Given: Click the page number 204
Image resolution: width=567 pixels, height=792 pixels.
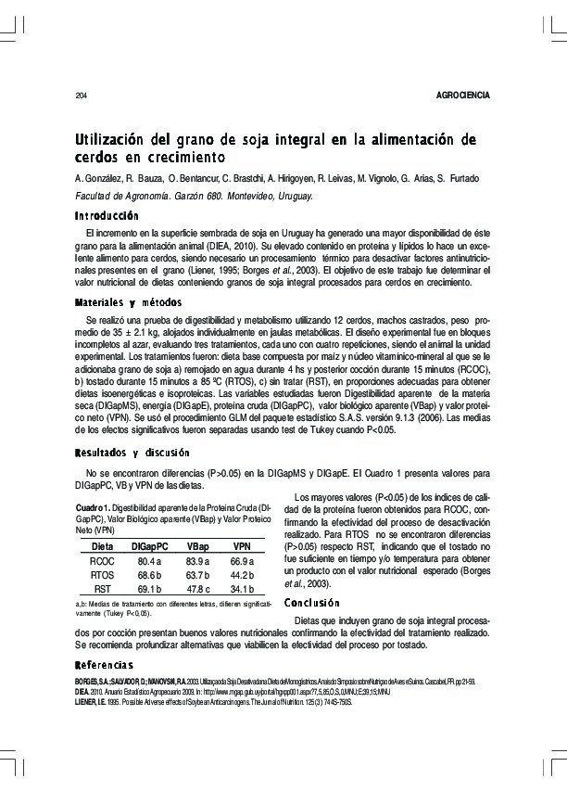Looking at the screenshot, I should (x=81, y=96).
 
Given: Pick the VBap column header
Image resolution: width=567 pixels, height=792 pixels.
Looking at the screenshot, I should (x=197, y=547).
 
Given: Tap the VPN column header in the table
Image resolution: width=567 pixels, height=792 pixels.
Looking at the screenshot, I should (x=242, y=547).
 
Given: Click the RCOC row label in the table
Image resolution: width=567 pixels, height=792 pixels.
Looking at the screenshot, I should (x=102, y=561).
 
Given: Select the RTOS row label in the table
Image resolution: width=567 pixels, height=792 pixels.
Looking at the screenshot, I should (x=102, y=575).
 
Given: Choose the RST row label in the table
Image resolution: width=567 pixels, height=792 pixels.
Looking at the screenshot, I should (x=102, y=588).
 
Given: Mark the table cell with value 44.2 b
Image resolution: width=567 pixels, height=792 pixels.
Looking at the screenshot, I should (x=242, y=575).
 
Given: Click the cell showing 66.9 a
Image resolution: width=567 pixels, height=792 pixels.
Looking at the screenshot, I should (x=242, y=561).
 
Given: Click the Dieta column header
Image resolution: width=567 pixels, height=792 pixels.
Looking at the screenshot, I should (x=102, y=547).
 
